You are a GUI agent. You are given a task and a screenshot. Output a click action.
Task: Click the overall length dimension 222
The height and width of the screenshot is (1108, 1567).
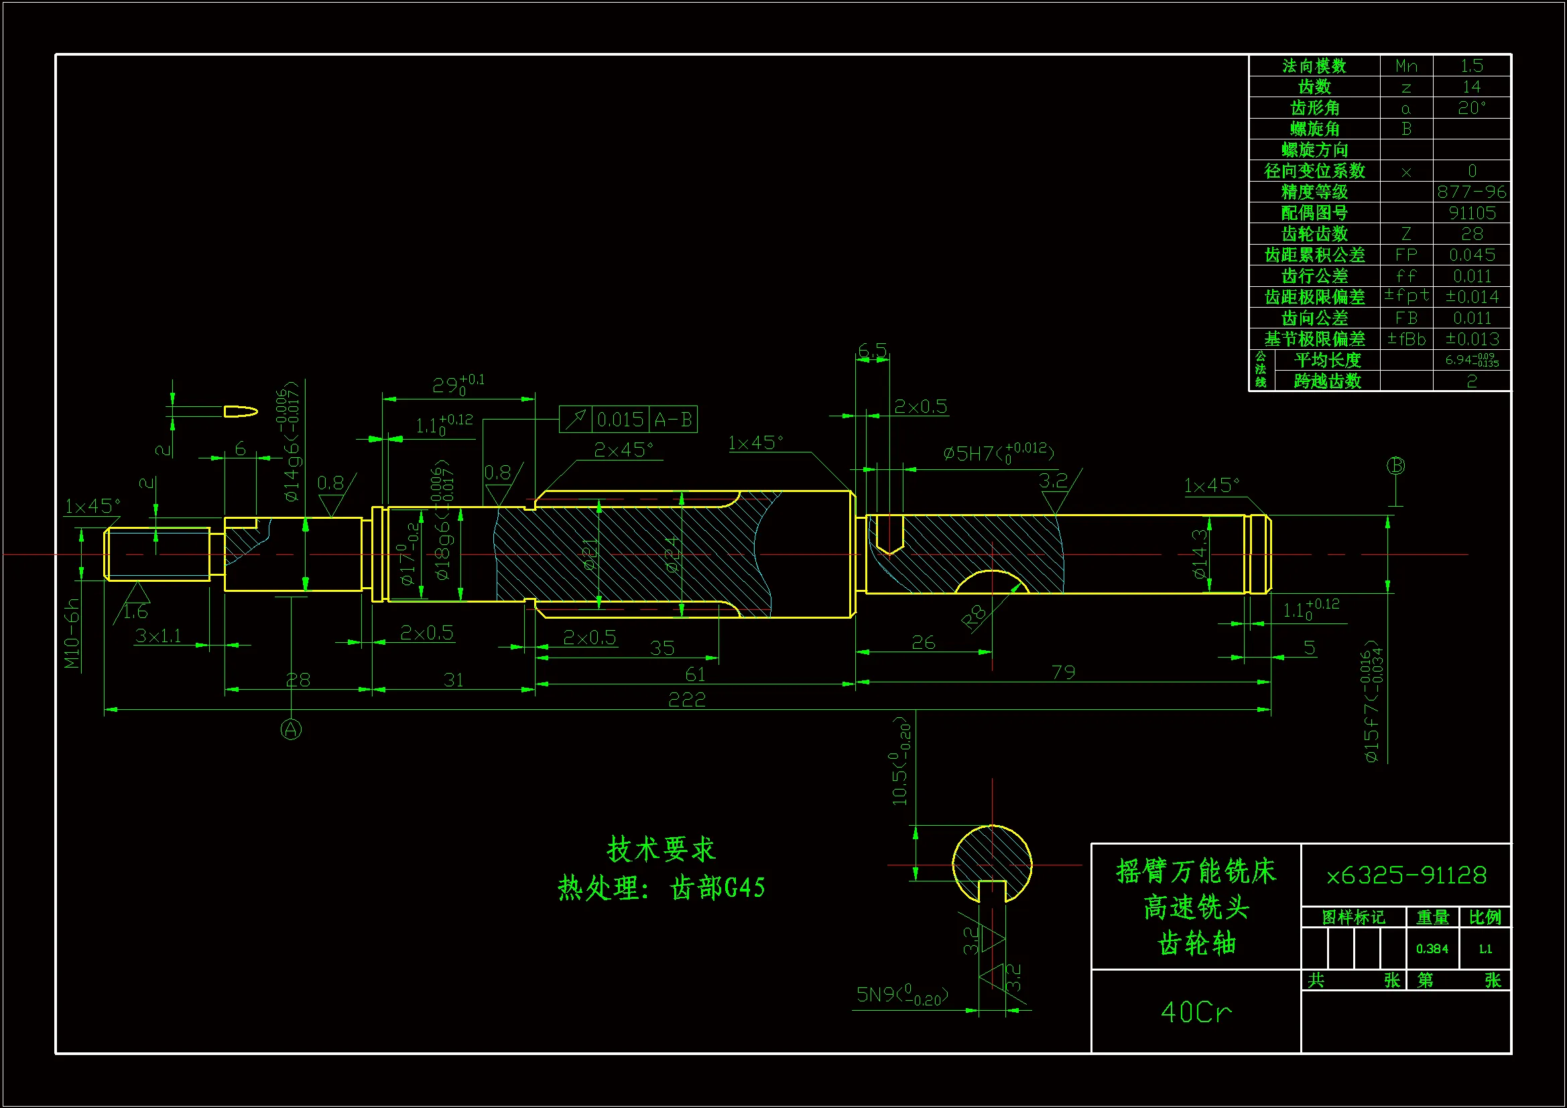click(x=686, y=700)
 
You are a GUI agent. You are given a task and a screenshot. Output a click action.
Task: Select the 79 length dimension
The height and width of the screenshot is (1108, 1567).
click(x=1063, y=672)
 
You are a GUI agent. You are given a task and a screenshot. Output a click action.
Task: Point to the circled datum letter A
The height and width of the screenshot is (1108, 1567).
click(x=292, y=729)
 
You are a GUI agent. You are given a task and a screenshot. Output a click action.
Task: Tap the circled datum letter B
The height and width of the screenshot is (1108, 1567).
click(x=1395, y=466)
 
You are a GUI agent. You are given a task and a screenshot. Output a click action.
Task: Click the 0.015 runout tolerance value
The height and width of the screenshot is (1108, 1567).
click(x=621, y=419)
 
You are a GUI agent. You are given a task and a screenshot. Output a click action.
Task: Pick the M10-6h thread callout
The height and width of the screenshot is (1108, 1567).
click(x=72, y=633)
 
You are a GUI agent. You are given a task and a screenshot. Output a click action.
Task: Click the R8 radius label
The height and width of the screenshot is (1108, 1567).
click(x=974, y=616)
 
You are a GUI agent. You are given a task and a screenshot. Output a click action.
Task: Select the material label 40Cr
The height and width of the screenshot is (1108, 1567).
click(x=1196, y=1011)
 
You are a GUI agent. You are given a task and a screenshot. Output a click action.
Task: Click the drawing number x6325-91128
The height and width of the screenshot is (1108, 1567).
click(x=1406, y=875)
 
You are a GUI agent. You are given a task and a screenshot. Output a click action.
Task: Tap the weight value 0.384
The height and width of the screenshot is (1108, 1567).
click(x=1432, y=948)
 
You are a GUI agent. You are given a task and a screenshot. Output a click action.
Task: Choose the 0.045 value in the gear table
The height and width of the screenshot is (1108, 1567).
click(x=1472, y=255)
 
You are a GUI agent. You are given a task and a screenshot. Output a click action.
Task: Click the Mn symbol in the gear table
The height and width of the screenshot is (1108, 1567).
click(x=1406, y=66)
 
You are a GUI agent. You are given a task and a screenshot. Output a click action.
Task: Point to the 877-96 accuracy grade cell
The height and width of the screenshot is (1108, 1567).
click(x=1471, y=192)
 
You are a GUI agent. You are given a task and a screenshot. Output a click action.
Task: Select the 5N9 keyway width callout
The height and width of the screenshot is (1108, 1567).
click(x=902, y=995)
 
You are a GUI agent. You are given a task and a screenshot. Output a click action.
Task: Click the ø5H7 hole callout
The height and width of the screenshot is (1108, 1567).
click(x=999, y=452)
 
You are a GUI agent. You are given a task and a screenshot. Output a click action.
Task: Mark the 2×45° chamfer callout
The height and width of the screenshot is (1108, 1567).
click(x=623, y=450)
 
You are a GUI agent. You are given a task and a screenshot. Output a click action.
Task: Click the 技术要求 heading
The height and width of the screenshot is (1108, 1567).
click(x=661, y=849)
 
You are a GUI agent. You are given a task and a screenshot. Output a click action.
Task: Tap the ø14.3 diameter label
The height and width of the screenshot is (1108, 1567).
click(x=1199, y=554)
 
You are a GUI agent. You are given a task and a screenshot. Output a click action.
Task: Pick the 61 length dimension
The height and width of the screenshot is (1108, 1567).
click(x=695, y=674)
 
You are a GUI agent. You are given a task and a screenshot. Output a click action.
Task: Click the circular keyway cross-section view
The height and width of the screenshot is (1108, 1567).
click(x=992, y=863)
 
